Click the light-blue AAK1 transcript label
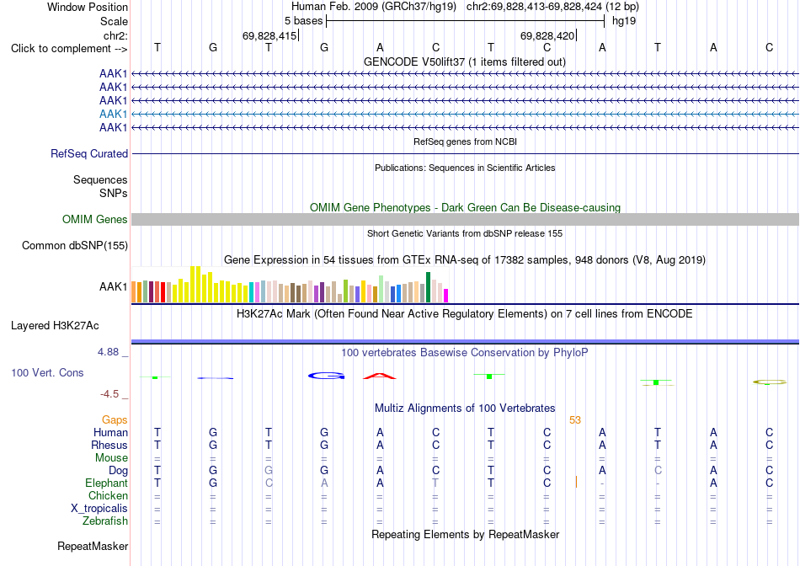pyautogui.click(x=114, y=114)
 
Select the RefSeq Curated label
pyautogui.click(x=89, y=153)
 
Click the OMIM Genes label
pyautogui.click(x=95, y=220)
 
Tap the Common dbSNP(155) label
pyautogui.click(x=75, y=245)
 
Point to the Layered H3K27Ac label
pyautogui.click(x=55, y=326)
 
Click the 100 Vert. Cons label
pyautogui.click(x=47, y=372)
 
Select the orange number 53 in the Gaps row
pyautogui.click(x=575, y=420)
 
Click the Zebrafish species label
pyautogui.click(x=105, y=521)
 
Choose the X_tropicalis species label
pyautogui.click(x=99, y=509)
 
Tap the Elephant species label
pyautogui.click(x=106, y=483)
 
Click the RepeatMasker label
pyautogui.click(x=93, y=546)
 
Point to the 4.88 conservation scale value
pyautogui.click(x=108, y=352)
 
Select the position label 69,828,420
pyautogui.click(x=547, y=35)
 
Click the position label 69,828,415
pyautogui.click(x=269, y=35)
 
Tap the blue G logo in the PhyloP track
pyautogui.click(x=327, y=376)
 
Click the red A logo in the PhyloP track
pyautogui.click(x=380, y=376)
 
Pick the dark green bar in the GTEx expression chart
pyautogui.click(x=428, y=287)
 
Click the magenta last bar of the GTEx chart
pyautogui.click(x=446, y=296)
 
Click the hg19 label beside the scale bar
pyautogui.click(x=624, y=21)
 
